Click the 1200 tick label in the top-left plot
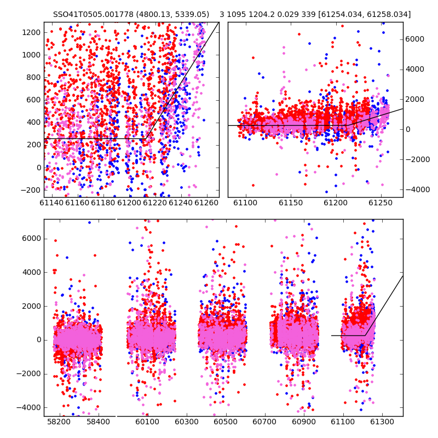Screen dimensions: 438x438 [31, 32]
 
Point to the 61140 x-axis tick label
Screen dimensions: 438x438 [51, 203]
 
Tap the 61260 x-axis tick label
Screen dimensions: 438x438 [206, 203]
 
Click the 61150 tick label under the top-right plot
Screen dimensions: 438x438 [291, 203]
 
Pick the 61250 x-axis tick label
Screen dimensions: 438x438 [381, 203]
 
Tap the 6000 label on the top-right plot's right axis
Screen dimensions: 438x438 [415, 39]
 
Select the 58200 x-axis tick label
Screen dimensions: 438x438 [59, 422]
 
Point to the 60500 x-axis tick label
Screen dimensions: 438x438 [226, 422]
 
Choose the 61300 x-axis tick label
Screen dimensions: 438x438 [382, 422]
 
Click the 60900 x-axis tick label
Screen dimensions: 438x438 [304, 422]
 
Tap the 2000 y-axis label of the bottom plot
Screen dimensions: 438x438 [32, 306]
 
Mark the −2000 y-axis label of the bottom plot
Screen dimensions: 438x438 [29, 374]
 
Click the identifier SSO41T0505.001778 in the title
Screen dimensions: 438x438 [93, 14]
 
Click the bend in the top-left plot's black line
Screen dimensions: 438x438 [146, 139]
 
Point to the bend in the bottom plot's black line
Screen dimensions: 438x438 [365, 335]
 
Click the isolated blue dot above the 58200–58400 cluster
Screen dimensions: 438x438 [89, 222]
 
